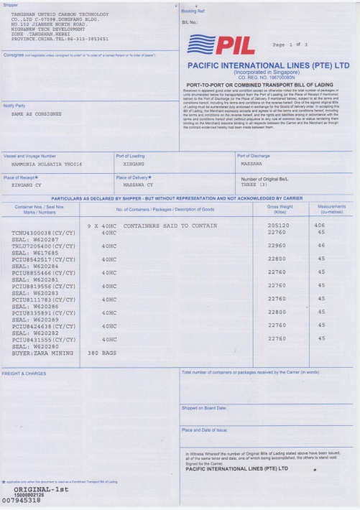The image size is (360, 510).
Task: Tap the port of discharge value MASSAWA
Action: tap(251, 164)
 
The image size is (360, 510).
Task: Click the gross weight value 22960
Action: tap(277, 246)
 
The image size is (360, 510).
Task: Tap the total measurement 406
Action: tap(319, 226)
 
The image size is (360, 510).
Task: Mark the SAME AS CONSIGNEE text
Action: tap(37, 113)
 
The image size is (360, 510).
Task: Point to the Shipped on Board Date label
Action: tap(207, 408)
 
